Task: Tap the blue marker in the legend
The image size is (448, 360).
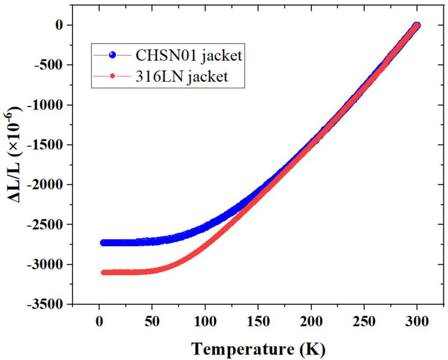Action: [x=113, y=55]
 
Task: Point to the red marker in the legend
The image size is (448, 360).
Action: [x=113, y=77]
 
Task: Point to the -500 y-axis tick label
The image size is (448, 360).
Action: [x=49, y=65]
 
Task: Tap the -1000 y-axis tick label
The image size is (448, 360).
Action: [x=46, y=105]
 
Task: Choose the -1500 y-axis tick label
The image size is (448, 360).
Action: [x=46, y=145]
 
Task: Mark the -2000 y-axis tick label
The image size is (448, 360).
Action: [x=46, y=185]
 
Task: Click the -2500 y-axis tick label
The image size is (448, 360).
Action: [x=46, y=225]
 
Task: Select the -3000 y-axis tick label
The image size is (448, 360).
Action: [x=46, y=264]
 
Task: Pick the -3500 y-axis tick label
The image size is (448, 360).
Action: [x=46, y=304]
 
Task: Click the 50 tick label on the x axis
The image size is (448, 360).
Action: [x=152, y=322]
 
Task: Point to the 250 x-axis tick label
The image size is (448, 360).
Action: [x=364, y=322]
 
